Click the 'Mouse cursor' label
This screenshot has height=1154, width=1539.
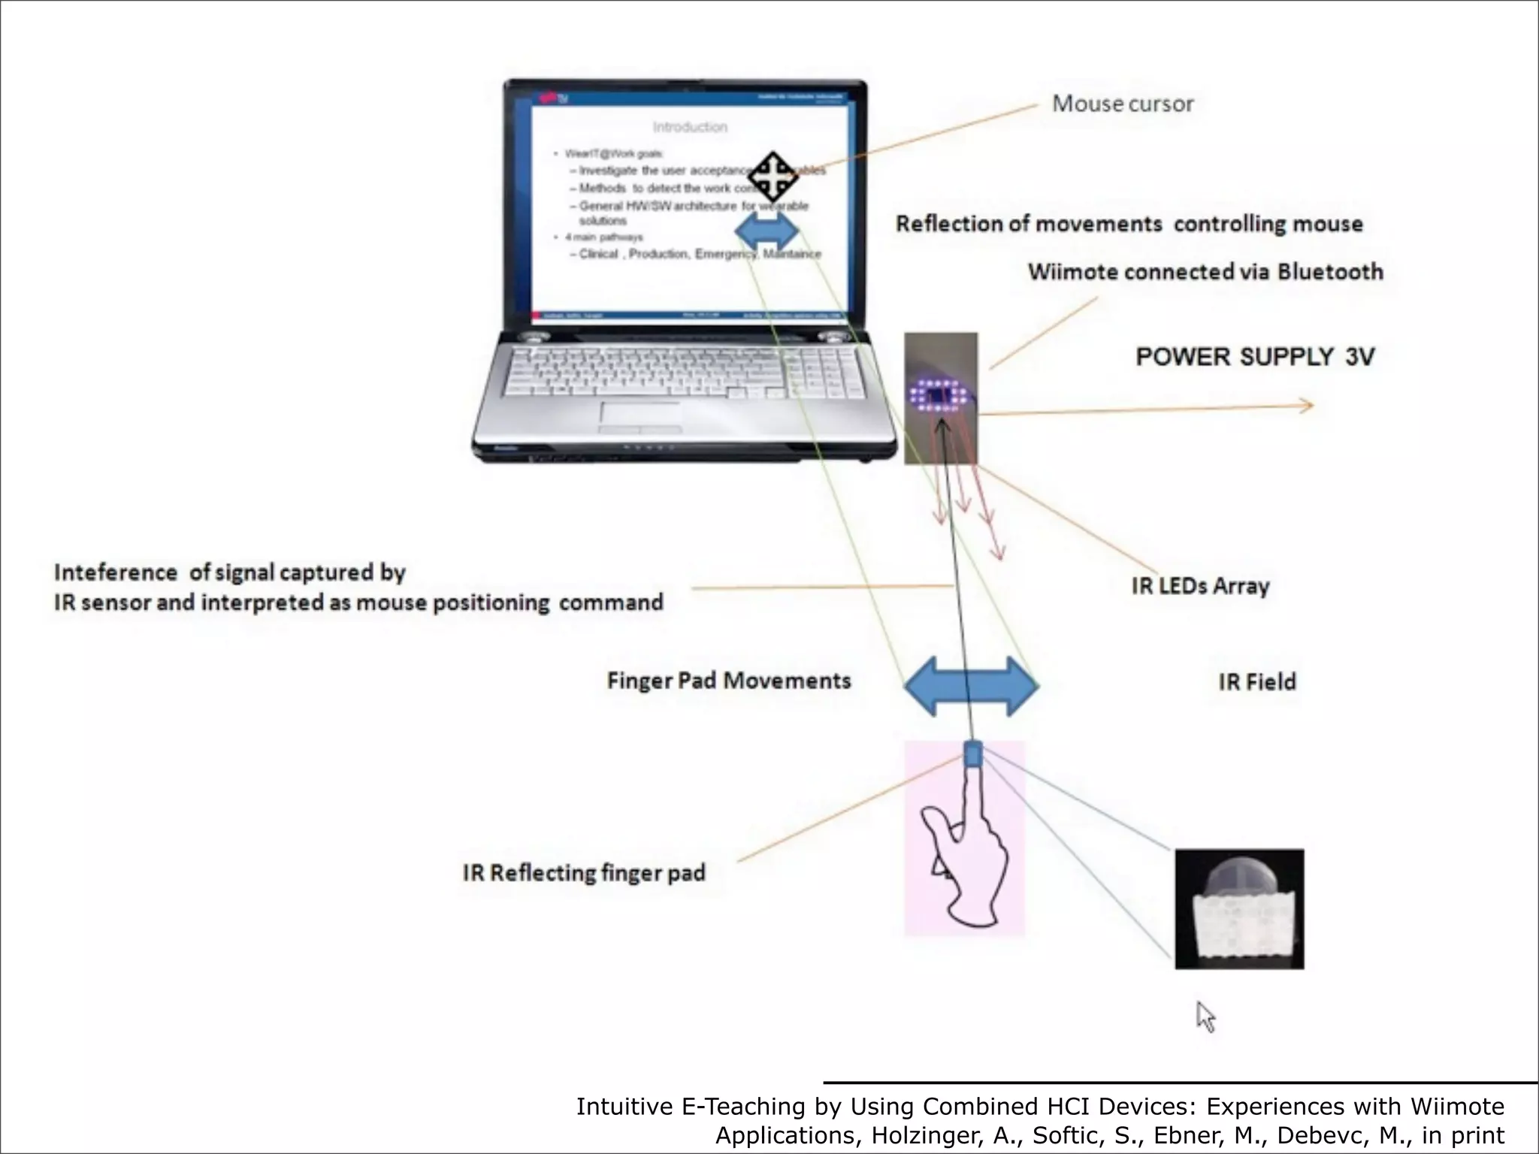point(1122,104)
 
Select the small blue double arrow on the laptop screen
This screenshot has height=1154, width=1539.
point(766,232)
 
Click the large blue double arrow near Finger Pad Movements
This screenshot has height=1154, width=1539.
point(971,686)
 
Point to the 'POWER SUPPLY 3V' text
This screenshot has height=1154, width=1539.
point(1254,356)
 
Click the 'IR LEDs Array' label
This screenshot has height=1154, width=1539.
point(1200,586)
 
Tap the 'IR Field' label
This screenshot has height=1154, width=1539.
point(1256,681)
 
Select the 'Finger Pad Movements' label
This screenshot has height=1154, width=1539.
point(728,681)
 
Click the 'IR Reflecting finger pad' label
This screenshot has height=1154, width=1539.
point(584,873)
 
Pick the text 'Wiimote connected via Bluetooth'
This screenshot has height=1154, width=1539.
point(1205,271)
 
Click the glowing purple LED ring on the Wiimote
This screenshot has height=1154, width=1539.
point(937,394)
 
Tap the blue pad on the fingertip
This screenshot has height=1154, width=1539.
point(972,754)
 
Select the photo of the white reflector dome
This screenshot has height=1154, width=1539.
point(1239,908)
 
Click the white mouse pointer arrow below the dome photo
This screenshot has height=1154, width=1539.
point(1205,1017)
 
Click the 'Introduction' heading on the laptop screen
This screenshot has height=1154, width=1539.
point(689,127)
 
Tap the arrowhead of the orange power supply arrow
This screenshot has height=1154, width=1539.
point(1307,406)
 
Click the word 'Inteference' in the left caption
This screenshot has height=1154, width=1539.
point(115,572)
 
